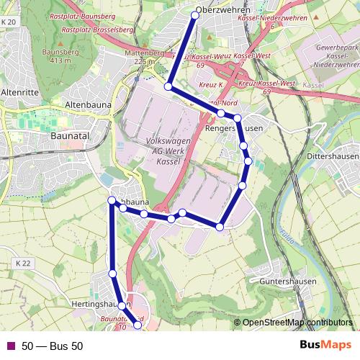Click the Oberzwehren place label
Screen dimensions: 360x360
[x=222, y=11]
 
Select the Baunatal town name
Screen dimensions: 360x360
[x=69, y=134]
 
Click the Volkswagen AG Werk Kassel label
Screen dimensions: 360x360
[x=167, y=153]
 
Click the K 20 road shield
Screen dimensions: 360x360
[x=8, y=22]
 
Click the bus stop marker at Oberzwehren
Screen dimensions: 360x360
[x=195, y=14]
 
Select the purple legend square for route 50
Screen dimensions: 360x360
[x=9, y=346]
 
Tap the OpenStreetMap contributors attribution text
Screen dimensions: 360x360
[x=297, y=323]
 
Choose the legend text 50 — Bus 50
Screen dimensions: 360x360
[x=53, y=346]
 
